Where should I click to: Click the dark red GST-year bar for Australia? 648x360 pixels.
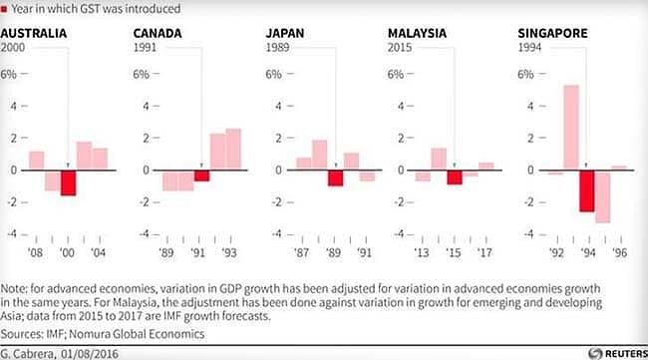tap(68, 181)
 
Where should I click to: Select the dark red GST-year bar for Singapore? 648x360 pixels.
tap(587, 190)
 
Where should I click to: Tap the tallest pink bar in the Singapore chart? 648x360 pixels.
tap(571, 128)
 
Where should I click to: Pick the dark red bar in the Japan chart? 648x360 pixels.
tap(336, 178)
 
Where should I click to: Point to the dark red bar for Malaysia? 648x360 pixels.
tap(455, 177)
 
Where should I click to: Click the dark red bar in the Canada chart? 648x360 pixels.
tap(201, 176)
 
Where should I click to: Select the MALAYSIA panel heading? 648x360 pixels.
tap(417, 33)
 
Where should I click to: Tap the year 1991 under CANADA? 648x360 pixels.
tap(146, 47)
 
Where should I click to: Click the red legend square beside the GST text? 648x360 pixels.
tap(6, 10)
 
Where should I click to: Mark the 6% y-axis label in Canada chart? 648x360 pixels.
tap(141, 75)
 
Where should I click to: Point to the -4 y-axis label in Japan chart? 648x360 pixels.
tap(274, 234)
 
